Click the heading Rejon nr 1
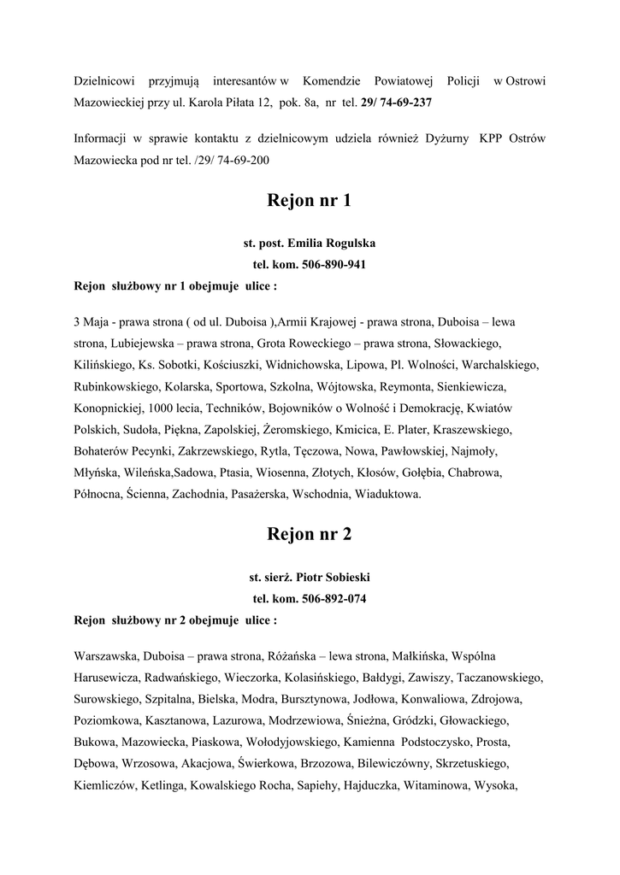(310, 202)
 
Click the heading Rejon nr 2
(310, 535)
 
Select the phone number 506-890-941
(334, 265)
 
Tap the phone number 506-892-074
(334, 598)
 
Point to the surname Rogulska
(345, 244)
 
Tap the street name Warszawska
(106, 656)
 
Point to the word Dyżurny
(446, 138)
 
